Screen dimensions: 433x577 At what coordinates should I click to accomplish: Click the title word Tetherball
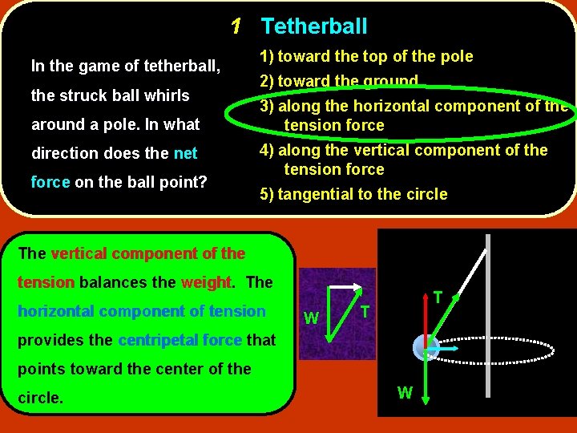[x=314, y=26]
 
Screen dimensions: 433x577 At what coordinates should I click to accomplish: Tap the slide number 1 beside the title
[x=236, y=26]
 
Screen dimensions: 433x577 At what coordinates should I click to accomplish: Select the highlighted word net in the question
[x=185, y=153]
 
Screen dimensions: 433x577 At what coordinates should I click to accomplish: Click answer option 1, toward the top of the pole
[x=365, y=56]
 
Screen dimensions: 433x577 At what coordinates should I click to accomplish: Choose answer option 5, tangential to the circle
[x=353, y=194]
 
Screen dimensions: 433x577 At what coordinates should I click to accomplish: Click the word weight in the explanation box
[x=205, y=282]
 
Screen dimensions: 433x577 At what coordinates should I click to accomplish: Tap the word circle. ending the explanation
[x=40, y=398]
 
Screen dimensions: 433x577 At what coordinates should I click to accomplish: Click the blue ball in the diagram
[x=425, y=348]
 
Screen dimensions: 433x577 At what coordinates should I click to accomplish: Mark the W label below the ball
[x=406, y=394]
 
